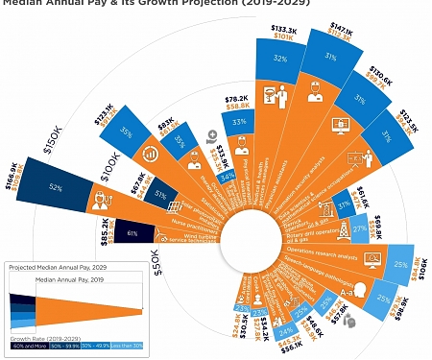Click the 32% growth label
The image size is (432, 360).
pyautogui.click(x=281, y=59)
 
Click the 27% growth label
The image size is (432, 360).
pyautogui.click(x=358, y=229)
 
